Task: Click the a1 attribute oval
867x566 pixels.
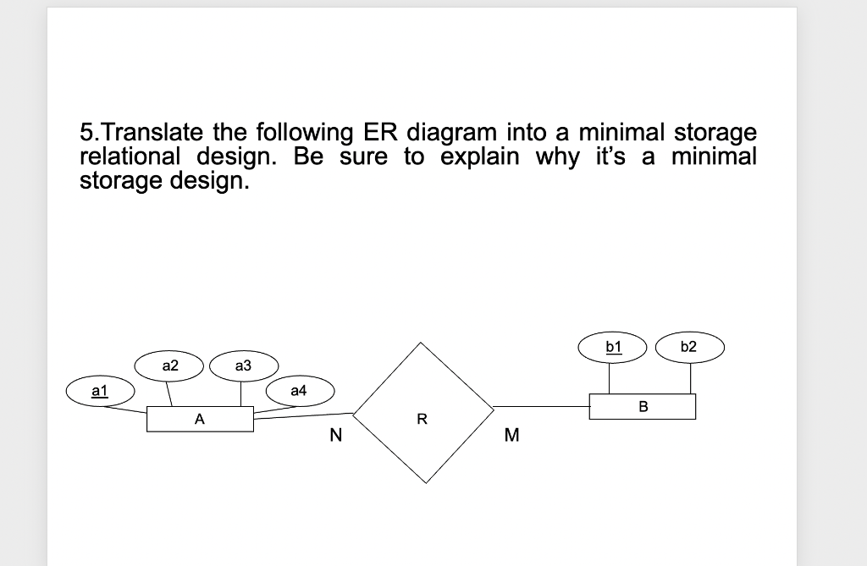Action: pyautogui.click(x=99, y=392)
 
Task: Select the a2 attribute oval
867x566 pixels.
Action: pyautogui.click(x=170, y=365)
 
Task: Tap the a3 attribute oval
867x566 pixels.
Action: pyautogui.click(x=243, y=365)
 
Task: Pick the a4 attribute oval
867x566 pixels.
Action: pyautogui.click(x=298, y=391)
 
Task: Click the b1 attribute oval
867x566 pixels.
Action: pyautogui.click(x=614, y=346)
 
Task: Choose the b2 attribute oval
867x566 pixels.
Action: pyautogui.click(x=688, y=346)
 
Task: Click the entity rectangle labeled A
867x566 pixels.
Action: pyautogui.click(x=199, y=419)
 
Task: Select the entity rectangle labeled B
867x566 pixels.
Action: pyautogui.click(x=643, y=406)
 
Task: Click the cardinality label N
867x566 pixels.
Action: pyautogui.click(x=335, y=437)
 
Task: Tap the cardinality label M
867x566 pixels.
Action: pyautogui.click(x=510, y=437)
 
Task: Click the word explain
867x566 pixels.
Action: pyautogui.click(x=480, y=157)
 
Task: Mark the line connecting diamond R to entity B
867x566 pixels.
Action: pyautogui.click(x=542, y=406)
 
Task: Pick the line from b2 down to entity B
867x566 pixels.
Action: pyautogui.click(x=688, y=377)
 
